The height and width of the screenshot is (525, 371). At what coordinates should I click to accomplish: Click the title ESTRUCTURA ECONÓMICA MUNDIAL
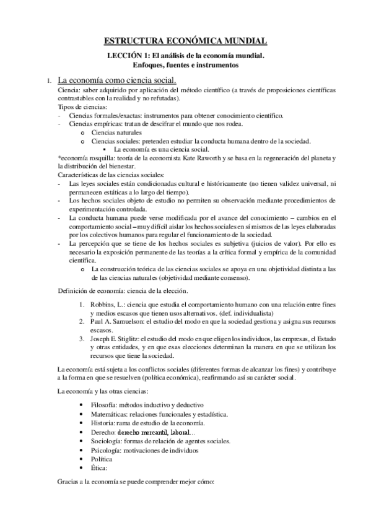tap(185, 41)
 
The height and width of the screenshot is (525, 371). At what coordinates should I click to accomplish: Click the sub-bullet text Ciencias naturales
tap(116, 132)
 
